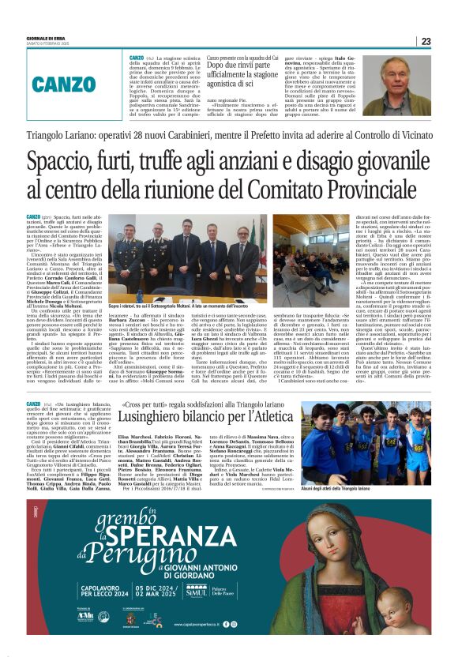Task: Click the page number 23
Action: [x=425, y=41]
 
